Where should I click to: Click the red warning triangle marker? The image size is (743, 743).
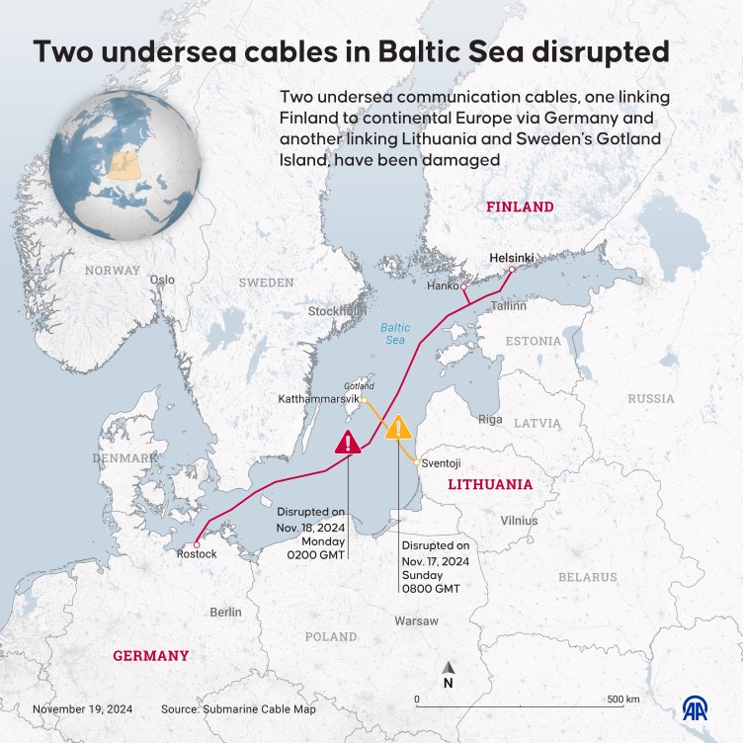point(349,442)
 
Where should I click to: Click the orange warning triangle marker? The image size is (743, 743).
point(398,428)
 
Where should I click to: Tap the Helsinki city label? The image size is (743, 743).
point(512,257)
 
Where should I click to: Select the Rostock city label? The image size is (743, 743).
point(196,554)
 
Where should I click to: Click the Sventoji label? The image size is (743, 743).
point(439,462)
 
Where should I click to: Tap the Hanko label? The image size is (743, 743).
point(443,287)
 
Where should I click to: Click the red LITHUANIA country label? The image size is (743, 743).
point(490,485)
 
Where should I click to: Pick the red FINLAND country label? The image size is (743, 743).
point(519,207)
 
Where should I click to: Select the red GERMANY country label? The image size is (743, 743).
point(150,656)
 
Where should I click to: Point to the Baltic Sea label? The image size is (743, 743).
point(394,333)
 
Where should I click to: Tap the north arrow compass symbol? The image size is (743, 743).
point(449,675)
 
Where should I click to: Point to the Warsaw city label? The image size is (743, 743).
point(416,620)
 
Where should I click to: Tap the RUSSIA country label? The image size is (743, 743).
point(651,399)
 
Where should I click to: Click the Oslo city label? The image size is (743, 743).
point(162,280)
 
